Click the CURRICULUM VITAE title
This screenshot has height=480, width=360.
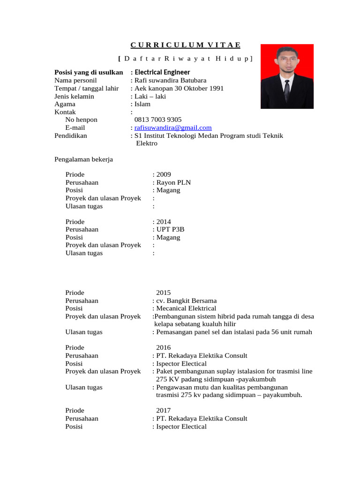pyautogui.click(x=185, y=45)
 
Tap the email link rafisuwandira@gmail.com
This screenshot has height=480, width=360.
pyautogui.click(x=173, y=127)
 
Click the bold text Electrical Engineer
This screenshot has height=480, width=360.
pyautogui.click(x=162, y=72)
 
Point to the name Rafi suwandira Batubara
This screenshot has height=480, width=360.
pyautogui.click(x=170, y=80)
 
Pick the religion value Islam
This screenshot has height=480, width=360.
pyautogui.click(x=142, y=104)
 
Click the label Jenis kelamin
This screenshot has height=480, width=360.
pyautogui.click(x=74, y=96)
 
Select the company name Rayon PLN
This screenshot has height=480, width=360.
pyautogui.click(x=173, y=182)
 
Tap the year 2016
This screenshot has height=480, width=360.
pyautogui.click(x=164, y=348)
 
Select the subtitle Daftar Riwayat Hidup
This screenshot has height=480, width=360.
pyautogui.click(x=185, y=59)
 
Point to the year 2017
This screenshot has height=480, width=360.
pyautogui.click(x=164, y=411)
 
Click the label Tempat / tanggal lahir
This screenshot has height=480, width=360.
pyautogui.click(x=86, y=88)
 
